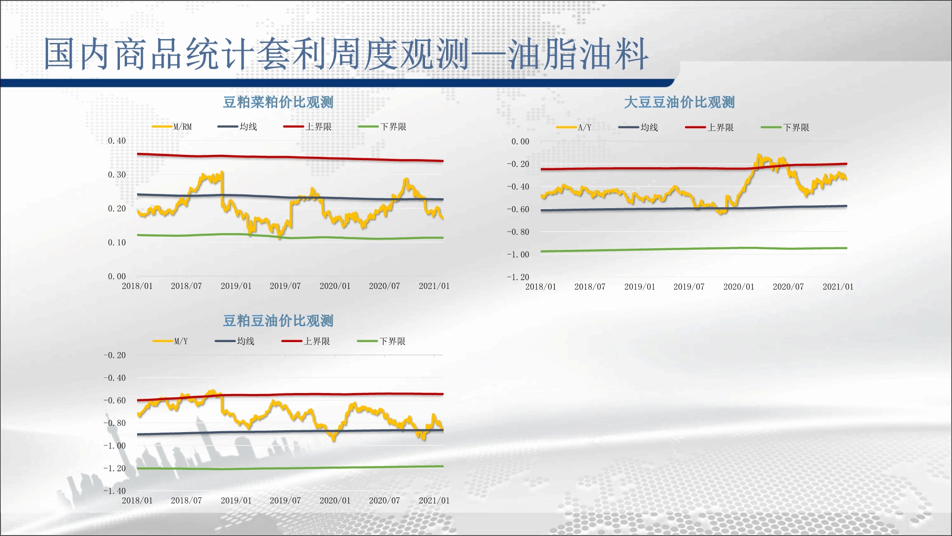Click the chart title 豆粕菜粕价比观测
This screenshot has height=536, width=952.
pos(278,102)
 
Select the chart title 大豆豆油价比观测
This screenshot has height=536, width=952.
pos(679,102)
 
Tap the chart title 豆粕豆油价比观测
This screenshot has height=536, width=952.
pos(278,321)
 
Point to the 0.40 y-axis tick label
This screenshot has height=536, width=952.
pos(117,141)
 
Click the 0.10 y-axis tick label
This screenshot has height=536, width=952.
pos(117,243)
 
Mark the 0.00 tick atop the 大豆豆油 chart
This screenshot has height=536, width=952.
pos(520,142)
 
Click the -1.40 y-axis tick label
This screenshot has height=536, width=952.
pos(115,491)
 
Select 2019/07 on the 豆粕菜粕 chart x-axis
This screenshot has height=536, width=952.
pos(285,286)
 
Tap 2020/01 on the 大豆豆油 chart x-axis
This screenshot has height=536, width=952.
pos(738,287)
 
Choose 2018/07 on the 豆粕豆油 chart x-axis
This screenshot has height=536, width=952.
pos(186,500)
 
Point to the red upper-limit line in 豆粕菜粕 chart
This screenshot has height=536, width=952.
pos(286,157)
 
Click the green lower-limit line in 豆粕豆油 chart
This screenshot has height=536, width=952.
pos(286,468)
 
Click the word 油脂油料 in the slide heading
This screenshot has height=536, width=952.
pos(578,53)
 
